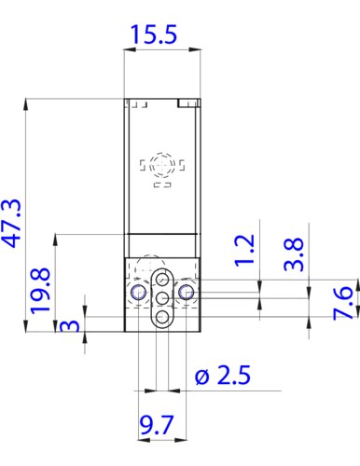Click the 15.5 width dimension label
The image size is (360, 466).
154,34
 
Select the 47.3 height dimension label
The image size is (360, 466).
12,223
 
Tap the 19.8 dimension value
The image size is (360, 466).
39,290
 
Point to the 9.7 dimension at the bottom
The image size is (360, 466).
156,425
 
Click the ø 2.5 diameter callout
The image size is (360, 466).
223,375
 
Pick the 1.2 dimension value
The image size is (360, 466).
244,251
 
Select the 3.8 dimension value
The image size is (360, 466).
294,254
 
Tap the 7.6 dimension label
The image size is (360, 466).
343,303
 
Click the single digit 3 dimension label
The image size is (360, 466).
70,326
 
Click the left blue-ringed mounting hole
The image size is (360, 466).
139,292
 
